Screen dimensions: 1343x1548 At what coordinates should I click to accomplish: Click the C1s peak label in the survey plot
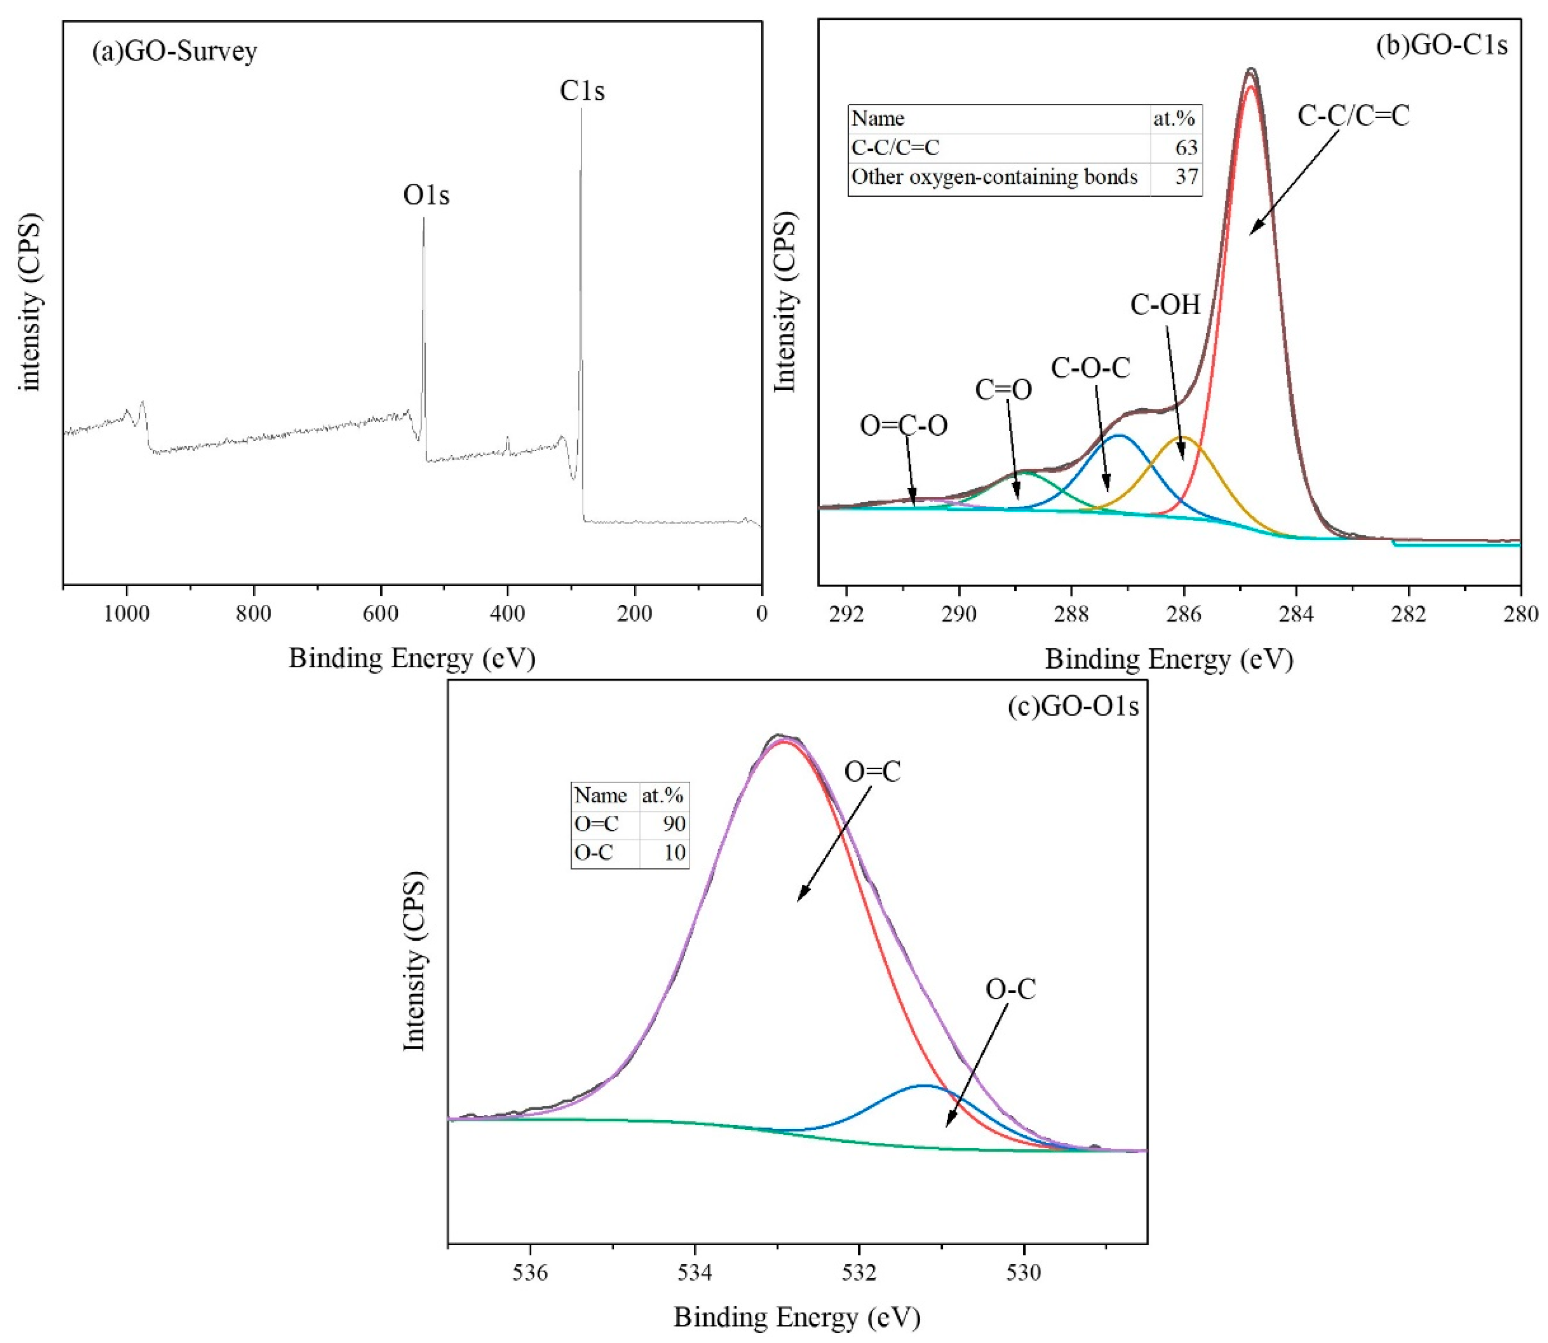tap(582, 91)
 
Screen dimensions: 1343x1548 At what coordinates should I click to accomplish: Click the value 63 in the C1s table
tap(1186, 148)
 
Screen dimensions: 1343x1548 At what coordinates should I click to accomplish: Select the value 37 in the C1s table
tap(1186, 177)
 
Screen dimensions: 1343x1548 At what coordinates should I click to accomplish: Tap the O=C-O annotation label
tap(903, 426)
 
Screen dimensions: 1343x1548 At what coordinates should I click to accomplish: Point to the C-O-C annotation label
tap(1090, 368)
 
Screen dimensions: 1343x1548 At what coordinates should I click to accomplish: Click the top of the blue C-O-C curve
tap(1119, 435)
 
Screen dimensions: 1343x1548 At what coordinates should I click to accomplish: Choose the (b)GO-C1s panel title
tap(1441, 46)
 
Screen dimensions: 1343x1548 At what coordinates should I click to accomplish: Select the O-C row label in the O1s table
tap(594, 853)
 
